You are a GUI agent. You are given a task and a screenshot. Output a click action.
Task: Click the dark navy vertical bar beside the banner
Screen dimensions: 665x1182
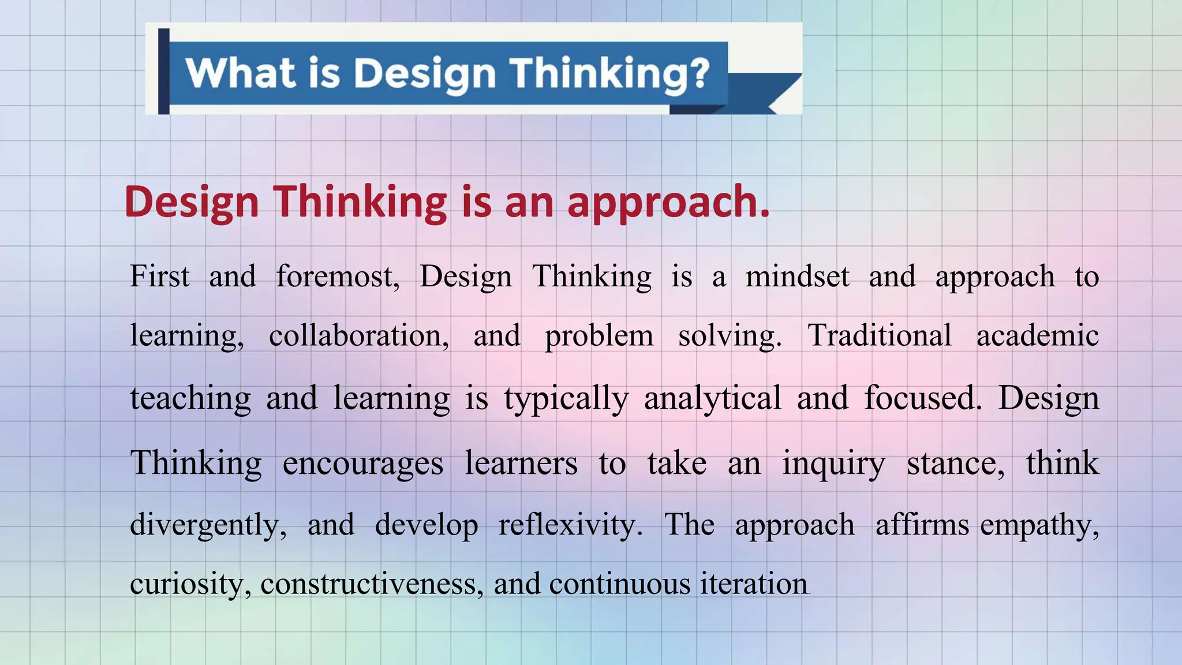tap(163, 70)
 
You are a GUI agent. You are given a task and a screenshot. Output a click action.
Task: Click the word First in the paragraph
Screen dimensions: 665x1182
tap(159, 276)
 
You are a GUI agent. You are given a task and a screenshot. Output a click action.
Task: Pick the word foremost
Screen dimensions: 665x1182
tap(337, 276)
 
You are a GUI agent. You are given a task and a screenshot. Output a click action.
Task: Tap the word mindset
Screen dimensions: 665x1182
tap(797, 276)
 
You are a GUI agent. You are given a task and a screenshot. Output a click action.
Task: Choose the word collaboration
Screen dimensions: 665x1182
tap(358, 335)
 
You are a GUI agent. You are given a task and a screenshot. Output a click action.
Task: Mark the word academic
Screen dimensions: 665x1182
tap(1038, 335)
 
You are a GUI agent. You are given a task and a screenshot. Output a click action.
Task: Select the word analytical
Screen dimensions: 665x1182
tap(712, 398)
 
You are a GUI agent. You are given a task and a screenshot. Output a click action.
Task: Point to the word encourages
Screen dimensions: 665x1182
tap(362, 463)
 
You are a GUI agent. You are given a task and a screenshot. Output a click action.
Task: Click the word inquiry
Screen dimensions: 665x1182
tap(833, 463)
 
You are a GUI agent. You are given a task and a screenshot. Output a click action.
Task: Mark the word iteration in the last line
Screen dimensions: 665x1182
tap(754, 584)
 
